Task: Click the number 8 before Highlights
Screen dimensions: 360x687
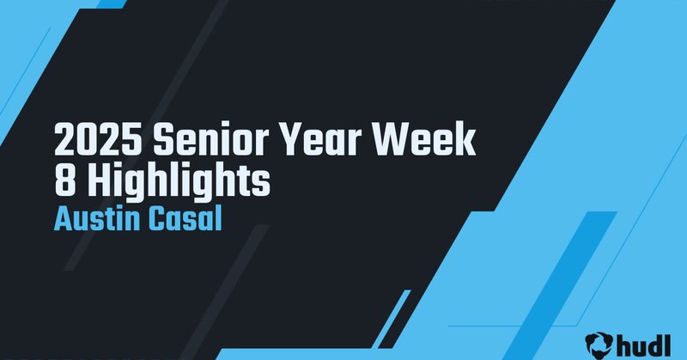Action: [x=64, y=183]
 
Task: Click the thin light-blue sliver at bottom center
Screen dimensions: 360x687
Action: [x=392, y=318]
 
